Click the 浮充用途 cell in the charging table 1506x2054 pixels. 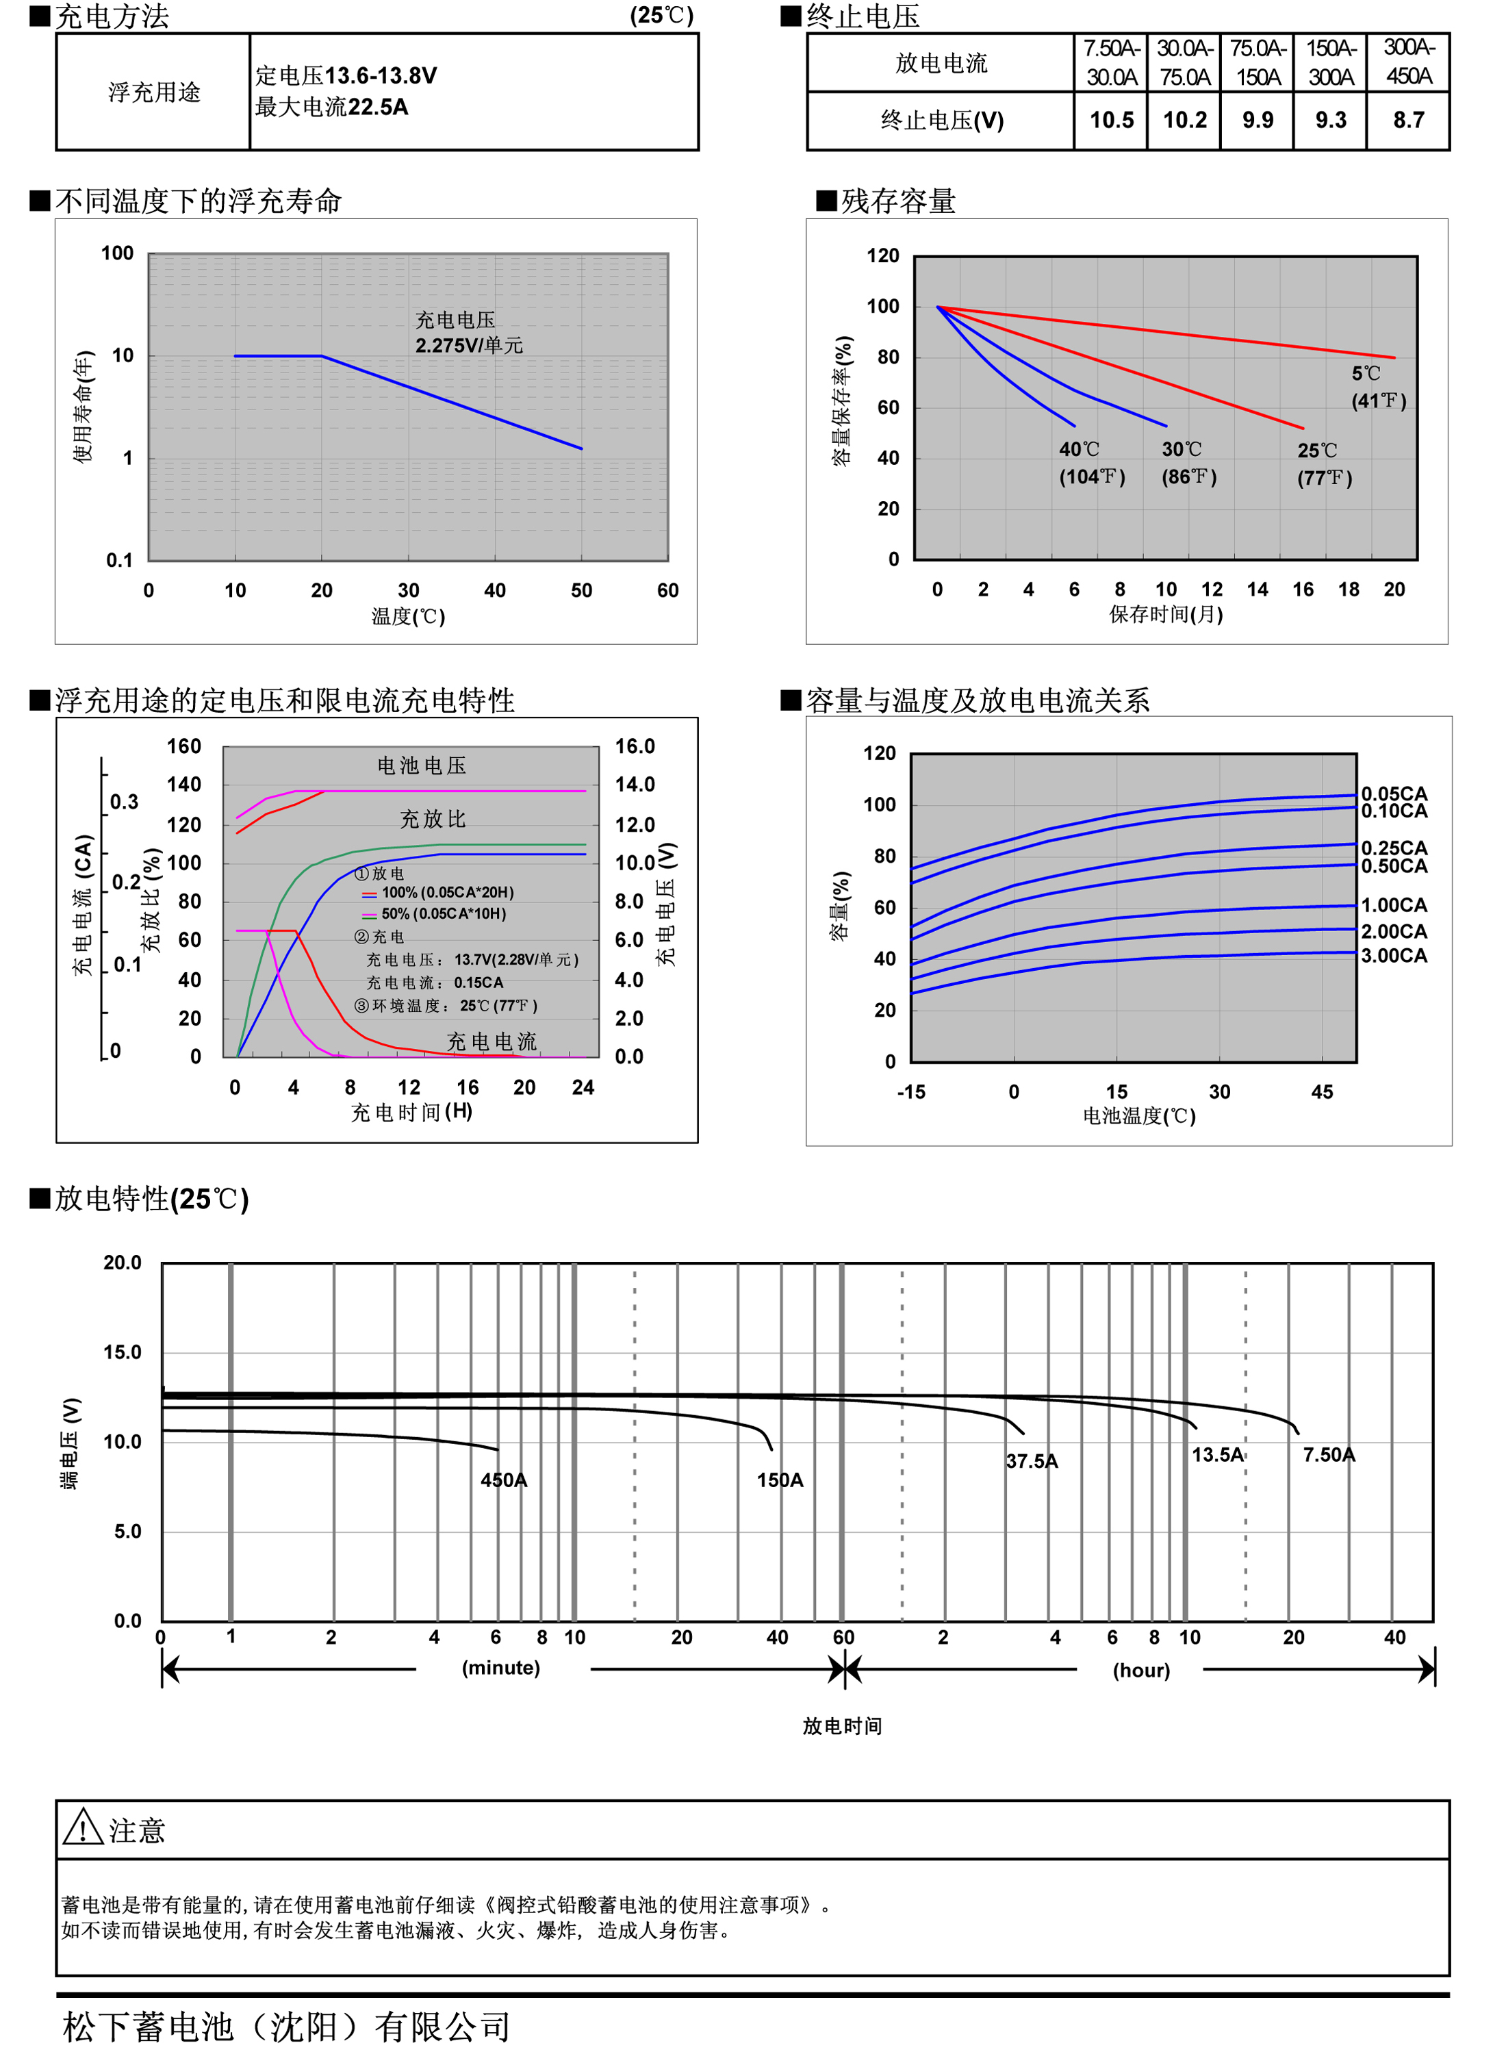[x=153, y=92]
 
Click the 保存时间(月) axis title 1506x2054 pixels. [x=1165, y=614]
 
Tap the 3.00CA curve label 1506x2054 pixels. [x=1393, y=955]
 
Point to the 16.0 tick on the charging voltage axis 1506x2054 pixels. [x=635, y=747]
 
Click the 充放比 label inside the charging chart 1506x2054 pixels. [x=433, y=819]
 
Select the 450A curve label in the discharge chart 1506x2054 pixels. [x=503, y=1480]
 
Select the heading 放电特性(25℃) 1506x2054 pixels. [x=151, y=1199]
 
